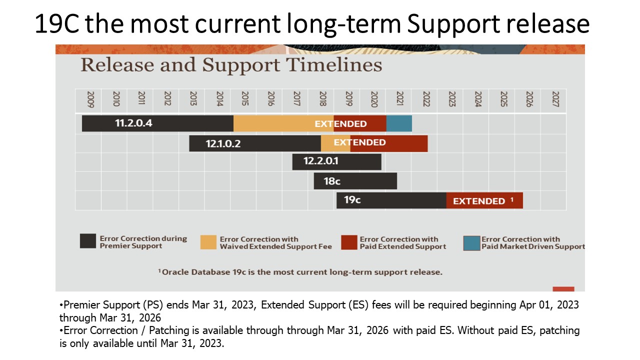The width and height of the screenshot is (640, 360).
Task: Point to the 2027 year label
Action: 555,100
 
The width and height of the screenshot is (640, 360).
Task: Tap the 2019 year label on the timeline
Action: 348,100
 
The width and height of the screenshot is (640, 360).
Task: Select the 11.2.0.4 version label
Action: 133,123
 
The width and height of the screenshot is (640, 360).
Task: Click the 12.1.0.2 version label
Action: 223,143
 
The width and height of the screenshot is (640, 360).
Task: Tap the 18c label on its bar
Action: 331,181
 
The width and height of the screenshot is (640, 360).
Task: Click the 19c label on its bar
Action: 352,200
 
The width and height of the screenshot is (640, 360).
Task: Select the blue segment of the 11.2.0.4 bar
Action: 399,123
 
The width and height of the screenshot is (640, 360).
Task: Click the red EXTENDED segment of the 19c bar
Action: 484,200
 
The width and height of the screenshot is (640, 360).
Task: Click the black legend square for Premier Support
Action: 87,241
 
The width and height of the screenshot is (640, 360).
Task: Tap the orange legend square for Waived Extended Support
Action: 208,242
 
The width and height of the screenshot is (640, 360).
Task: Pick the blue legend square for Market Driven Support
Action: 471,243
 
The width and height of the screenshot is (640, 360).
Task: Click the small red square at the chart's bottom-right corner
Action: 563,289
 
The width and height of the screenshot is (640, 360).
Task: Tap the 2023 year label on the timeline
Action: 452,100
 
